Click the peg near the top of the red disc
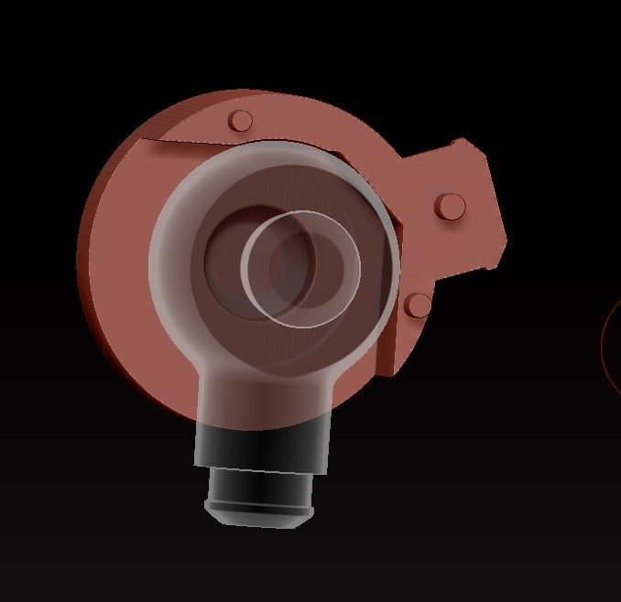(x=241, y=121)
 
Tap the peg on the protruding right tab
(x=450, y=206)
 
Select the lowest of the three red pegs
(x=419, y=305)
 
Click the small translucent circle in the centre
(x=300, y=268)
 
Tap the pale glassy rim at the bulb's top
(x=275, y=152)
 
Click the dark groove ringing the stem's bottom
(x=256, y=505)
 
